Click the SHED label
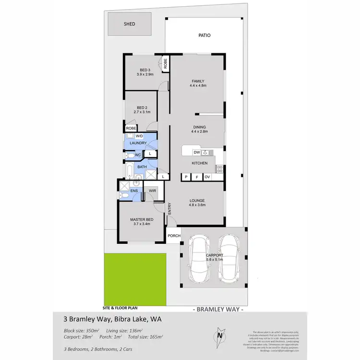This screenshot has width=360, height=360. pos(129,24)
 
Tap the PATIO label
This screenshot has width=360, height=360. pos(204,36)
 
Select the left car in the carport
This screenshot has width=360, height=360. pos(198,260)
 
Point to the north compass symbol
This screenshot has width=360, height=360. pos(220,336)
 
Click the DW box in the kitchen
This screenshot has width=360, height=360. pos(196,153)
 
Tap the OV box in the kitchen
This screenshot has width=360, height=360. pos(207,177)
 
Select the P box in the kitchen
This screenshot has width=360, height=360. pos(185,177)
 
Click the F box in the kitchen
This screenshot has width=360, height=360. pos(196,177)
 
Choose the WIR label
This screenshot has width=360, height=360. pos(152,191)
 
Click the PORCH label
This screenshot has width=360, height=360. pos(174,236)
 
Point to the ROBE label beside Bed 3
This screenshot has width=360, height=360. pos(165,64)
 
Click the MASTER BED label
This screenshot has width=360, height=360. pos(140,220)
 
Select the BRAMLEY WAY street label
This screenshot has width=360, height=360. pos(218,310)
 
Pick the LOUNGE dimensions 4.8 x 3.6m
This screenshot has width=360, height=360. pos(197,205)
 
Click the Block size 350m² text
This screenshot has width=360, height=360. pos(82,331)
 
